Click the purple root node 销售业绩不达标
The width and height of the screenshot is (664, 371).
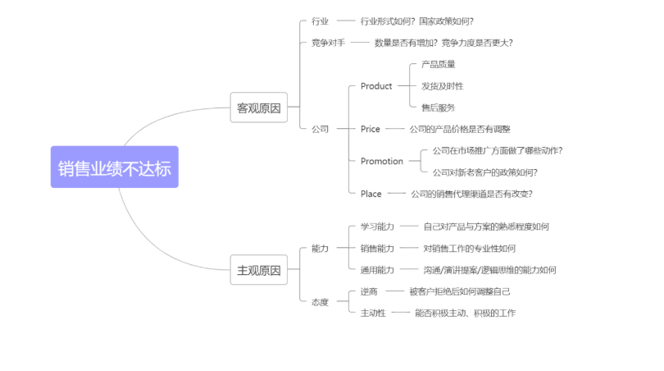(x=114, y=167)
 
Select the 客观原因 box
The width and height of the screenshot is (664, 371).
(x=258, y=108)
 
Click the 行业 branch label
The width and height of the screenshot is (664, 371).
(x=320, y=21)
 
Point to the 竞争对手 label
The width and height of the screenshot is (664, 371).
(x=328, y=43)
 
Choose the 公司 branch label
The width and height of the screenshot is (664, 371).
(x=320, y=129)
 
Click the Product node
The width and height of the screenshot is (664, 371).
(x=376, y=86)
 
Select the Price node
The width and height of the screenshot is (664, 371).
(x=371, y=129)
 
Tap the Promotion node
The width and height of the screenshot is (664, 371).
(x=382, y=162)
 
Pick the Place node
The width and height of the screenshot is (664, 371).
(x=371, y=194)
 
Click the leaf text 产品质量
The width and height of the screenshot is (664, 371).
(x=439, y=64)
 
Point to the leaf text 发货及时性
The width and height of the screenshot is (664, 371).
(x=443, y=86)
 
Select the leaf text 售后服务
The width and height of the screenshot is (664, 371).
(x=439, y=108)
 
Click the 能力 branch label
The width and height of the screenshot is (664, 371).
(x=320, y=248)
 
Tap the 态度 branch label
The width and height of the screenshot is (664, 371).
(x=320, y=302)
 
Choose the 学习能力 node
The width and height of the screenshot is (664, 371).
(x=377, y=227)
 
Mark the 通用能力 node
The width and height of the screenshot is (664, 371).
(x=377, y=269)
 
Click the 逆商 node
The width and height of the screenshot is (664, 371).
(x=369, y=291)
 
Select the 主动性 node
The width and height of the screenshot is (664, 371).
(x=373, y=313)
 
